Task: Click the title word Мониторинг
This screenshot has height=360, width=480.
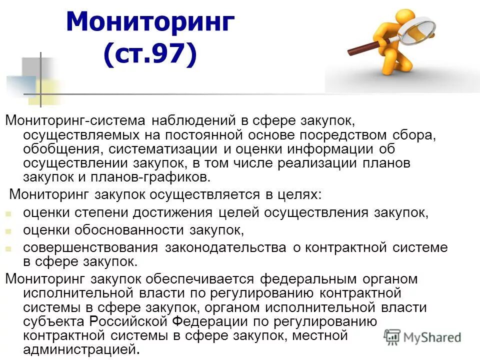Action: coord(150,23)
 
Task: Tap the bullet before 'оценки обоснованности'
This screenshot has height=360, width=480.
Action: coord(8,231)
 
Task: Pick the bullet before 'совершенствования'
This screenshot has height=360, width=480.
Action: coord(8,248)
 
